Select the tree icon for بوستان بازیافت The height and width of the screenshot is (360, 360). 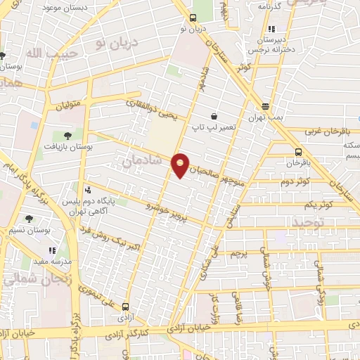(x=67, y=135)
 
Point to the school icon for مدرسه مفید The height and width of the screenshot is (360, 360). (x=51, y=250)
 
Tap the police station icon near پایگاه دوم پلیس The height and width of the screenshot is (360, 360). (x=88, y=190)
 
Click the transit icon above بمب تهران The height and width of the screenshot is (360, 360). (x=265, y=107)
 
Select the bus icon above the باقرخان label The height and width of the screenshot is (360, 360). (x=298, y=152)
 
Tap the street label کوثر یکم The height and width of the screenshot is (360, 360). (x=319, y=205)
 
